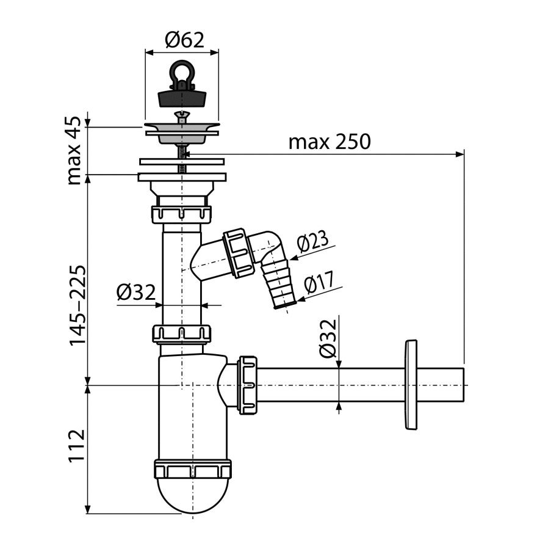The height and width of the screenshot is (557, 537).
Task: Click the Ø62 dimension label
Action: point(184,40)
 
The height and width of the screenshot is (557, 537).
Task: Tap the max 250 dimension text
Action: point(330,142)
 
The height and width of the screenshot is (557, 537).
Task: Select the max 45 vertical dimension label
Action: point(74,151)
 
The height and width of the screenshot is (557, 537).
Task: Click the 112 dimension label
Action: point(77,446)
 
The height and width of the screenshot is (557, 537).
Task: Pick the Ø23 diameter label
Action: point(313,243)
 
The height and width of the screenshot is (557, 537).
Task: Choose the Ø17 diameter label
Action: point(319,282)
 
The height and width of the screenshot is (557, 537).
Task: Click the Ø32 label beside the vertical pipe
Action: point(136,293)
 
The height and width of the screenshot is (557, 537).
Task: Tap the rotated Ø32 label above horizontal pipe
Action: point(327,338)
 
